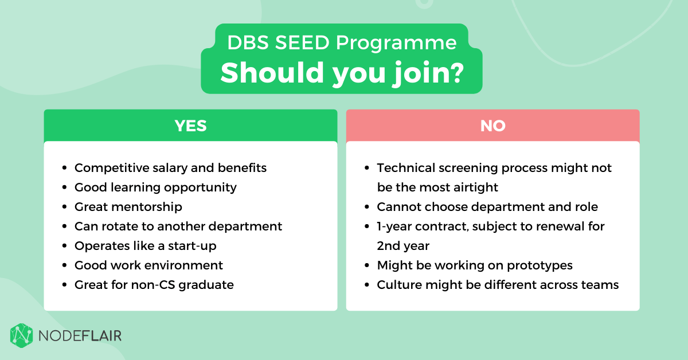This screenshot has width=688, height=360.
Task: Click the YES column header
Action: tap(190, 126)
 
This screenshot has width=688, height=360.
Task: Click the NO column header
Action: tap(492, 126)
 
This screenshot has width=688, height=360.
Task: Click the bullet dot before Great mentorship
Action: tap(64, 207)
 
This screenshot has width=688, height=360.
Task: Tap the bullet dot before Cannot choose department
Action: tap(367, 207)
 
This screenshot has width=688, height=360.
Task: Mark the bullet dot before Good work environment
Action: tap(64, 265)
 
